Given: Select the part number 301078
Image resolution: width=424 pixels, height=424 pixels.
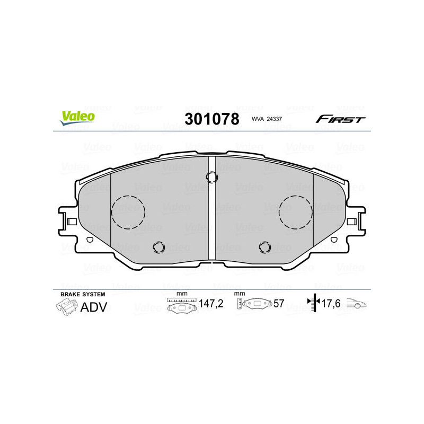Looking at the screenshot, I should [211, 119].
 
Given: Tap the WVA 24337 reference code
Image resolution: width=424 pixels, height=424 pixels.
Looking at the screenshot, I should [268, 120].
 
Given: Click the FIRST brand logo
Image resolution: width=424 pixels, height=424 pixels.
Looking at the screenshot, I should [340, 119].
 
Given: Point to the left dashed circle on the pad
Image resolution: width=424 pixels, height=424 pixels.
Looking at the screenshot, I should [128, 212].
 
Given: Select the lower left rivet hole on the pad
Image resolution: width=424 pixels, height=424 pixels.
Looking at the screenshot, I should [158, 246].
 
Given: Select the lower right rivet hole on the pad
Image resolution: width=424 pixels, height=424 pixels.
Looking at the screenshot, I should [264, 246].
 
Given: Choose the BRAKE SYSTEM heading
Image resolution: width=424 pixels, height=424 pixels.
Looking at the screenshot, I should [83, 294].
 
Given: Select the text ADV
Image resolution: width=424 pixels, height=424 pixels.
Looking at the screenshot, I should [94, 306].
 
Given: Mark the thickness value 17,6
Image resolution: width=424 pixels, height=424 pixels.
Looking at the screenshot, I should [331, 304].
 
